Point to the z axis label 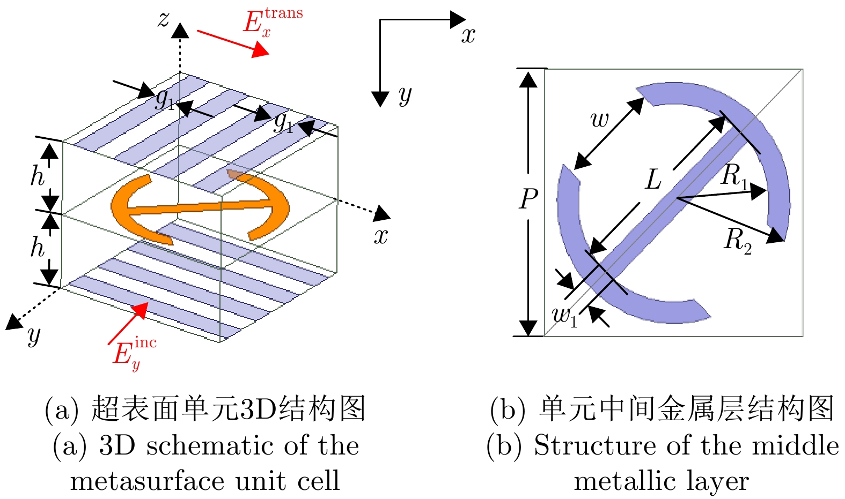(x=163, y=19)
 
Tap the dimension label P (x=528, y=199)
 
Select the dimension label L (x=653, y=180)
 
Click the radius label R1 (x=734, y=176)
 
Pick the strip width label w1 (x=564, y=316)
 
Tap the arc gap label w (x=599, y=120)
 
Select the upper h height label (x=37, y=176)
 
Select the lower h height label (x=37, y=247)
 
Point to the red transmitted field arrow (x=233, y=43)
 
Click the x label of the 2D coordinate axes (x=468, y=35)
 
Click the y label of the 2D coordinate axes (x=405, y=95)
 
